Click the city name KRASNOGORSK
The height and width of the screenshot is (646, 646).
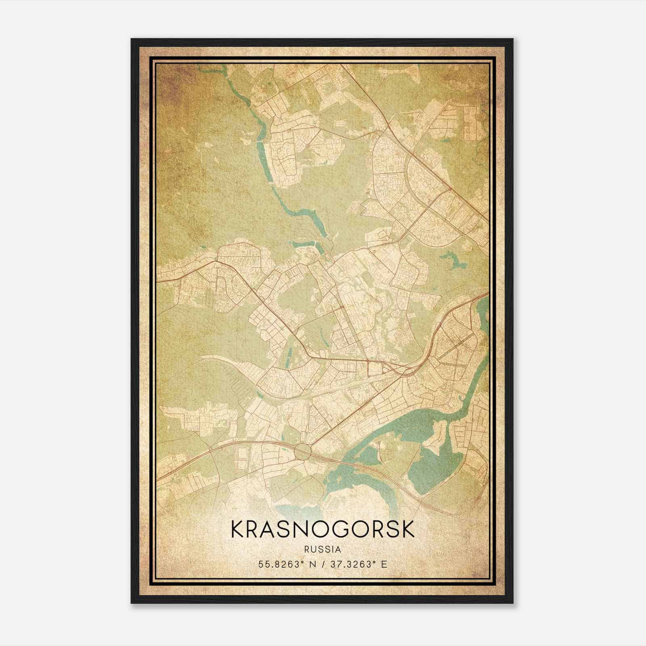click(x=323, y=530)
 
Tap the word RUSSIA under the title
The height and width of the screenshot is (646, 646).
click(x=323, y=550)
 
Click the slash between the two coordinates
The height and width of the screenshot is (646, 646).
click(x=323, y=564)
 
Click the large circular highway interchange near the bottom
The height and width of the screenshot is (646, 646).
click(x=303, y=451)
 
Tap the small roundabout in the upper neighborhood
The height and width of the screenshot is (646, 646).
click(x=307, y=144)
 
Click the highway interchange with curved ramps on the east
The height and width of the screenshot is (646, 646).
click(x=408, y=367)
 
